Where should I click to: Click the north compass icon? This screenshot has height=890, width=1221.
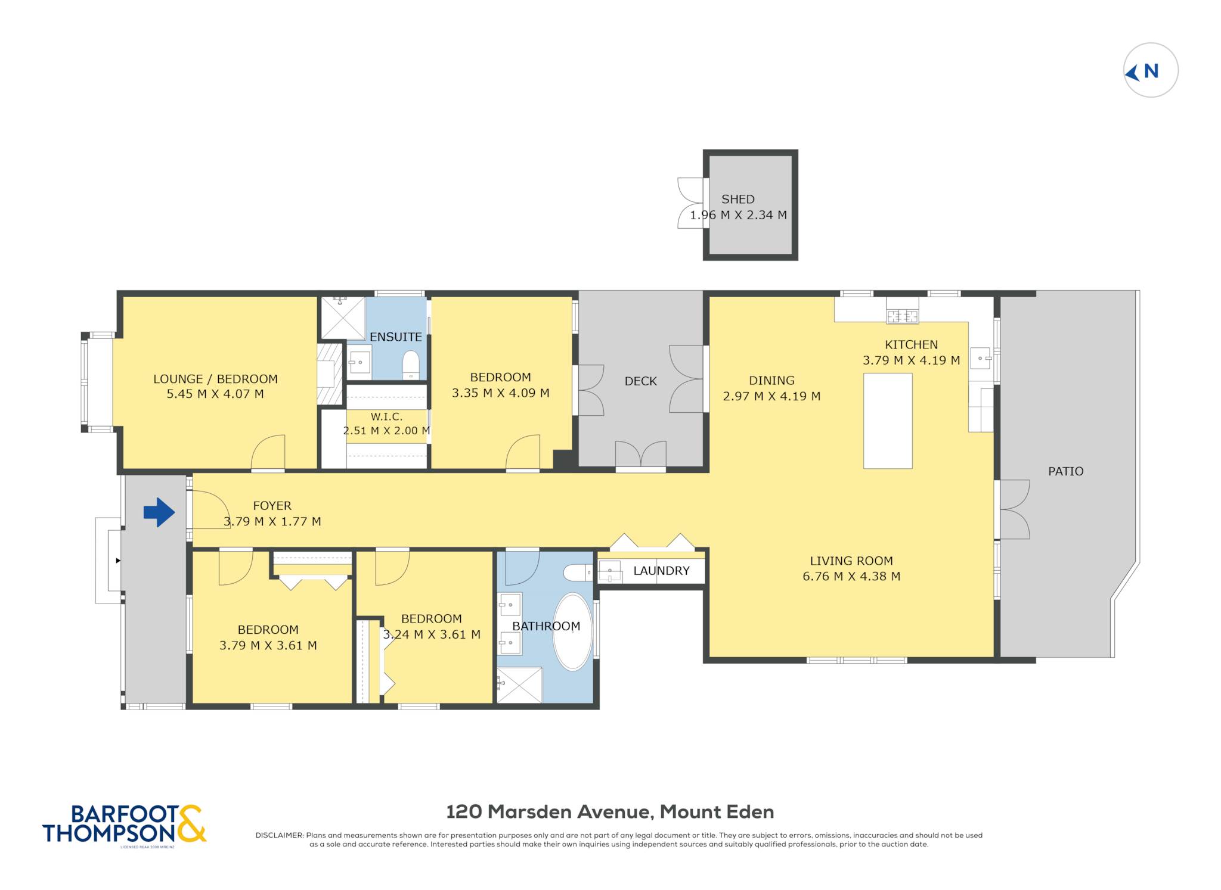click(1150, 70)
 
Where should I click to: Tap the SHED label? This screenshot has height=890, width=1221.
click(737, 200)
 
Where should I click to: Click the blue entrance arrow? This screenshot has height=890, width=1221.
click(159, 512)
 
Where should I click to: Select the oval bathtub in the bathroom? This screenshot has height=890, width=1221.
click(572, 631)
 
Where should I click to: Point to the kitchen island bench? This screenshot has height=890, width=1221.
click(888, 421)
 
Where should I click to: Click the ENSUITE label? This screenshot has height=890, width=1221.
click(395, 337)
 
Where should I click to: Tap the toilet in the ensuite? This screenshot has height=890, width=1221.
click(411, 364)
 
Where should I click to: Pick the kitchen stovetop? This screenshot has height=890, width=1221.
click(902, 316)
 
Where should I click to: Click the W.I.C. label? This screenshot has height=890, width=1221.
click(386, 417)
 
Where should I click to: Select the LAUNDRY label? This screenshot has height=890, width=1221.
click(661, 571)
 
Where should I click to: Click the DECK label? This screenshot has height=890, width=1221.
click(640, 381)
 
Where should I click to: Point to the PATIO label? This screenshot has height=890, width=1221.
click(1065, 471)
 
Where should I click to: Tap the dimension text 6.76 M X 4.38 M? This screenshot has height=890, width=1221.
click(851, 576)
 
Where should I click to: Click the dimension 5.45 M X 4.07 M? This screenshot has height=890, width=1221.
click(215, 394)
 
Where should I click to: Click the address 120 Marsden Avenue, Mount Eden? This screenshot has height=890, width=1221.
click(610, 811)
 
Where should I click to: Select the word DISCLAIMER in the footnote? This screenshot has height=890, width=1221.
click(279, 835)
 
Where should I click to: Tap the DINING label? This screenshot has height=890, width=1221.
click(771, 381)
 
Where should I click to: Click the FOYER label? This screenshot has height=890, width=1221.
click(272, 506)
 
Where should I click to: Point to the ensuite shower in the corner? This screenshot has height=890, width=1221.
click(343, 318)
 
